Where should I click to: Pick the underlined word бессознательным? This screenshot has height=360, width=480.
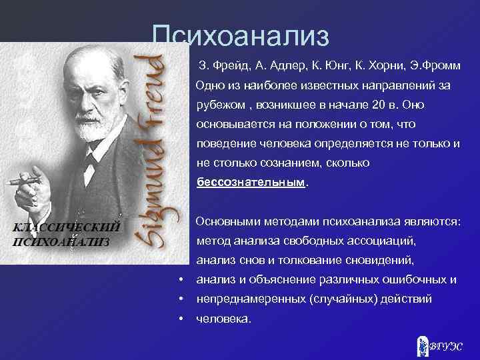[x=250, y=181]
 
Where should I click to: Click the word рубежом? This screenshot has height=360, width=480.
[x=219, y=105]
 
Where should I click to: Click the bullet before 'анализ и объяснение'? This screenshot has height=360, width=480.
[x=181, y=279]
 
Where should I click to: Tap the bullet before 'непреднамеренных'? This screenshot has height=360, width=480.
[x=181, y=299]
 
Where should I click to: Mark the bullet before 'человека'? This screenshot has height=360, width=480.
[x=181, y=318]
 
